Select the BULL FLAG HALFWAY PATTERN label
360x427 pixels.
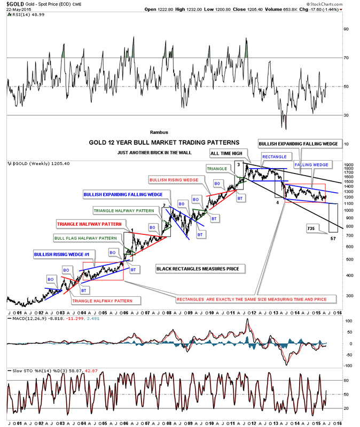pos(84,237)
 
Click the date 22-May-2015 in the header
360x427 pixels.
pos(16,10)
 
